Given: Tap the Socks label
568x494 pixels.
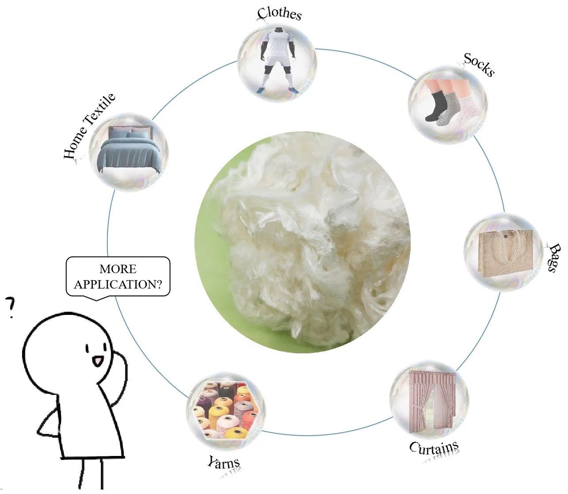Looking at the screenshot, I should coord(479,65).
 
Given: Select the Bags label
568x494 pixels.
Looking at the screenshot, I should coord(554,257).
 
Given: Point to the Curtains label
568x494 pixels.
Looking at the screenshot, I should coord(434,448).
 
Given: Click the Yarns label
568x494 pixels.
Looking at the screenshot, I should coord(224,463).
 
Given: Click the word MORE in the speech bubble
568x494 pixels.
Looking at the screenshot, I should coord(118,269).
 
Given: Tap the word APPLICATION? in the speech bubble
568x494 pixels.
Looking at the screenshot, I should coord(118,284).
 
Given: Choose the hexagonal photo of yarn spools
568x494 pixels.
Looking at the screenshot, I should coord(226,410).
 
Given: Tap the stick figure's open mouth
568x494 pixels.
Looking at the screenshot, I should coord(97,361).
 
